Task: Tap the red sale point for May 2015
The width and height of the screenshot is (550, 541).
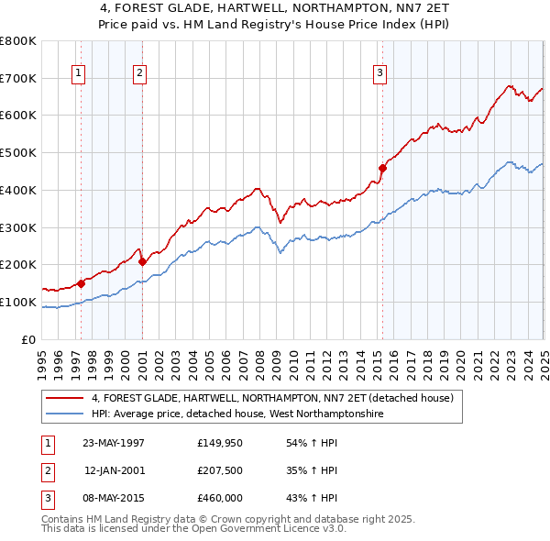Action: click(383, 168)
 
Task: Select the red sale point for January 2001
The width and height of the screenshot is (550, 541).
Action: click(142, 261)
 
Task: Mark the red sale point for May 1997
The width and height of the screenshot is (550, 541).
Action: click(81, 283)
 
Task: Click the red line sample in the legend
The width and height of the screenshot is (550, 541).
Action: click(66, 398)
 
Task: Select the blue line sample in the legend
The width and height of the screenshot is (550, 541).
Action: click(66, 414)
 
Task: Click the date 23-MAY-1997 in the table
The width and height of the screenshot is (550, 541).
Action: click(114, 442)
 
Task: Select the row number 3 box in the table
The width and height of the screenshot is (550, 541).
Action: click(48, 499)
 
